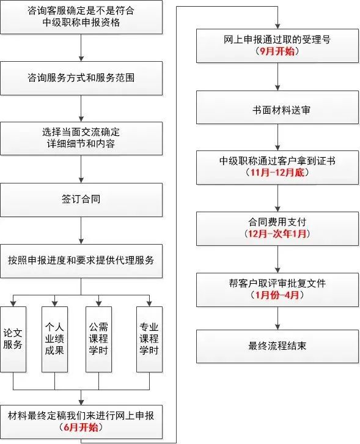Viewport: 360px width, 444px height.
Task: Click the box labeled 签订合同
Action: [x=81, y=200]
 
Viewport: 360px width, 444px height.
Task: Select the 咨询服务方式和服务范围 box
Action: [x=81, y=78]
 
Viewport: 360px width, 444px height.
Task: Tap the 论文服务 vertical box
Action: [x=13, y=339]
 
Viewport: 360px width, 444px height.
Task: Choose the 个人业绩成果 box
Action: [x=54, y=339]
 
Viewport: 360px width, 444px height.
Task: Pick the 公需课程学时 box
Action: [x=99, y=339]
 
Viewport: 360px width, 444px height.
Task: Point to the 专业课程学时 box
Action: [x=149, y=339]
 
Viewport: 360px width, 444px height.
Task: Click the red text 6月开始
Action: [x=81, y=427]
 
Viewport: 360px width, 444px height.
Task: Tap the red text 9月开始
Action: [x=277, y=51]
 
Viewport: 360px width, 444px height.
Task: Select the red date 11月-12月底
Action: [x=277, y=172]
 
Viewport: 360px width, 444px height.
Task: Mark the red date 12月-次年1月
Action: [x=277, y=234]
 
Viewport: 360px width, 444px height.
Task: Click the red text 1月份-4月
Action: [x=277, y=295]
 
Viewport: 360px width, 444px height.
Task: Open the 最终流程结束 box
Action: [x=277, y=346]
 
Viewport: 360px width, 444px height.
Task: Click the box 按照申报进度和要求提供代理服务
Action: [x=81, y=261]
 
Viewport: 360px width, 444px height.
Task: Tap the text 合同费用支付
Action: [x=277, y=222]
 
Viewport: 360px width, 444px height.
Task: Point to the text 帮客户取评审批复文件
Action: [x=277, y=283]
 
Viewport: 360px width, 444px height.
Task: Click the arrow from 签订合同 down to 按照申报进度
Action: [x=81, y=231]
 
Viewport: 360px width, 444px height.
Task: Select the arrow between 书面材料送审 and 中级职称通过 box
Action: [x=277, y=138]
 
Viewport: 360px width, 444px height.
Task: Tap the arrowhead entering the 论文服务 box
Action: [x=13, y=303]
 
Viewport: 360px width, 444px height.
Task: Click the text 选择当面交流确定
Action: [x=81, y=132]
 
